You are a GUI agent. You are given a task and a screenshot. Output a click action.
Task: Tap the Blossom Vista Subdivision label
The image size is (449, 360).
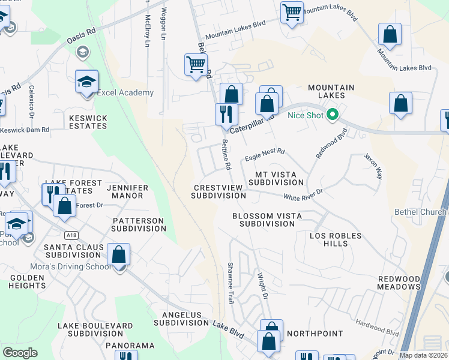pos(267,219)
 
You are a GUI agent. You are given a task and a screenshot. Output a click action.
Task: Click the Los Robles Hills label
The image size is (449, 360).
pos(336,239)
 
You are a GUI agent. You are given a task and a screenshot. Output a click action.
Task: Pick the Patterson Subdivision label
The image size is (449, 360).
pos(139,224)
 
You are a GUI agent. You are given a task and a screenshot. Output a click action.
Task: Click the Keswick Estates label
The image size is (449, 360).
pos(88,122)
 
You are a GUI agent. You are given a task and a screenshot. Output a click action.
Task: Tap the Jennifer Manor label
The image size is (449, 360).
pos(127,191)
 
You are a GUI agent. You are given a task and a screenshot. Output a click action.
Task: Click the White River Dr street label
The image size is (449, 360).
pos(303,195)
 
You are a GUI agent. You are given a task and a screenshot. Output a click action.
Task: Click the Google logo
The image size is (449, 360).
pos(21,353)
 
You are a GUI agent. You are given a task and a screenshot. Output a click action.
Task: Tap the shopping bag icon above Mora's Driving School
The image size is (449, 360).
pos(119,254)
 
